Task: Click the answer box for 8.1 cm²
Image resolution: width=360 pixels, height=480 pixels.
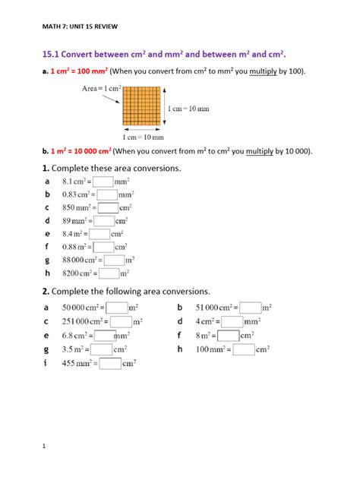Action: click(103, 182)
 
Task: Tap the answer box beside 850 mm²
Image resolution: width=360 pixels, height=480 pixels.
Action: click(109, 207)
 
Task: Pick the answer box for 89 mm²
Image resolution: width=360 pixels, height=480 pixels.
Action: click(103, 220)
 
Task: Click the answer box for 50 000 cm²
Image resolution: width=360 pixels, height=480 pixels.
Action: click(117, 308)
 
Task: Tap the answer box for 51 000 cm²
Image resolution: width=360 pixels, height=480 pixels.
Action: click(251, 308)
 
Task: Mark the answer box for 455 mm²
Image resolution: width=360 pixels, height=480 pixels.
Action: click(110, 363)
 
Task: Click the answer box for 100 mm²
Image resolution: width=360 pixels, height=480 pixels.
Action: click(244, 349)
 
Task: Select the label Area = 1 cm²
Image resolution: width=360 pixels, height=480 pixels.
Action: click(102, 89)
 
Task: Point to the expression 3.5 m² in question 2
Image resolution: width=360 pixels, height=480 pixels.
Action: click(73, 349)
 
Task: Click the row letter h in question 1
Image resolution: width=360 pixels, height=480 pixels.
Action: click(47, 273)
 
